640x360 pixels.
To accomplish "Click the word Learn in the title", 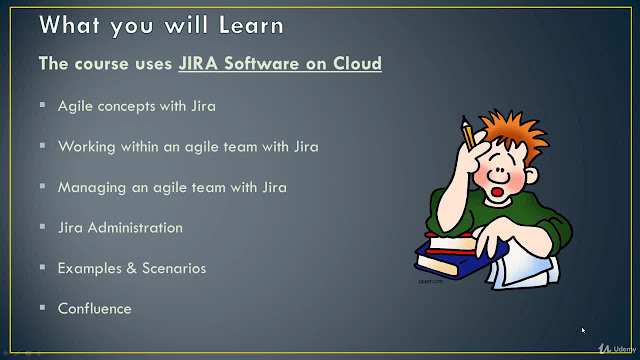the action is [251, 25].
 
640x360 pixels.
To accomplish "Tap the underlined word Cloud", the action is [358, 63].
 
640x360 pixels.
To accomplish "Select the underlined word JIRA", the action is [198, 63].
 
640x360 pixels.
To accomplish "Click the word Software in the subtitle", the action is [262, 63].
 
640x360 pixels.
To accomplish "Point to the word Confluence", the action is [95, 309].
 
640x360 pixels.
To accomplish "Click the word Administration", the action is [135, 228].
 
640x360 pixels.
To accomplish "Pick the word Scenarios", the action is [174, 268].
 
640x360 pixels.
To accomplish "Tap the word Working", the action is [87, 147].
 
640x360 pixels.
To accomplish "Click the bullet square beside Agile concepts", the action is [42, 105].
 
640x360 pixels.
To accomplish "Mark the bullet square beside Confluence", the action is [42, 307].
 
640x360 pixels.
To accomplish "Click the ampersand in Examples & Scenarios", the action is [131, 268].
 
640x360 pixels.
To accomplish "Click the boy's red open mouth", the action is [497, 192].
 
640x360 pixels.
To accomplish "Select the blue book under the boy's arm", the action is [459, 260].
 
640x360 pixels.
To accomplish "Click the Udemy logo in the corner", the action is [617, 349].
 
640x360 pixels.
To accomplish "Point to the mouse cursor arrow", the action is [583, 330].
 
